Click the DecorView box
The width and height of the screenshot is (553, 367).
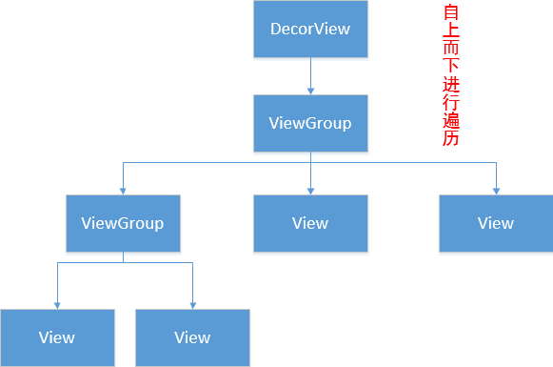click(x=310, y=29)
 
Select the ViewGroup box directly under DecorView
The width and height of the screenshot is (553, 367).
click(x=310, y=123)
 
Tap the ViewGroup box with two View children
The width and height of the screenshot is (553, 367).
click(x=123, y=224)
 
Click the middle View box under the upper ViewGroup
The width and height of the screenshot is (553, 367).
click(x=310, y=224)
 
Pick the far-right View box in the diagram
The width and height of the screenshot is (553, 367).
click(x=496, y=224)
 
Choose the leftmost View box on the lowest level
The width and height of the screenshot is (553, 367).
click(x=57, y=337)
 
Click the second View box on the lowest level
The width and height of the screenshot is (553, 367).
click(x=192, y=337)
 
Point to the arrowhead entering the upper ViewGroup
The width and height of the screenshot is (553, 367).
click(x=310, y=91)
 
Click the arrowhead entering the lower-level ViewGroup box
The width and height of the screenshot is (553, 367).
click(x=123, y=191)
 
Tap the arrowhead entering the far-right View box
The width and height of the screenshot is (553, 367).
click(x=496, y=191)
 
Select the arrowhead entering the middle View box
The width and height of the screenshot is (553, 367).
click(x=310, y=191)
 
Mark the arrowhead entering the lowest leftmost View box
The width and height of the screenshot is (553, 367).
click(x=57, y=305)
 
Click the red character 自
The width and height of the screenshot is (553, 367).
click(x=451, y=14)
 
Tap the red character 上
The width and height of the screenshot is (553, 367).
click(x=451, y=32)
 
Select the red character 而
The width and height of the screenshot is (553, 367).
click(x=451, y=51)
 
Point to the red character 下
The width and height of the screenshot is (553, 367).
click(x=451, y=68)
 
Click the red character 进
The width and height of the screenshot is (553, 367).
click(x=451, y=86)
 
